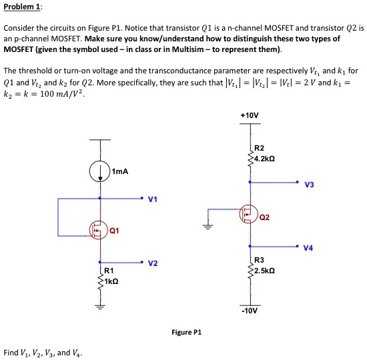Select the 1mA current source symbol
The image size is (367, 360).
click(99, 167)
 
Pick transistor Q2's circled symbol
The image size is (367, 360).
click(250, 214)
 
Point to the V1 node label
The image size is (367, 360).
click(153, 199)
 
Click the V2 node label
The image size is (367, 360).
click(153, 263)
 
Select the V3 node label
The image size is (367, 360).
click(308, 185)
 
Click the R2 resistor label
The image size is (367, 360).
click(260, 147)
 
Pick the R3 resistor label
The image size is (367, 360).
click(260, 261)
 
